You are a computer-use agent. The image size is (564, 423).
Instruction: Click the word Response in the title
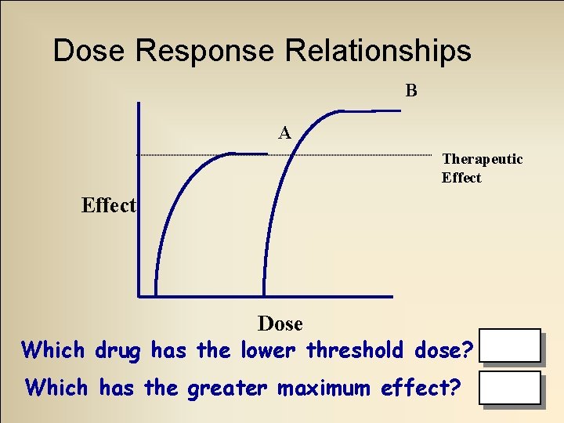(206, 51)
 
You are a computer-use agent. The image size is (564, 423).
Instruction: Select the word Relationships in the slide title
(378, 51)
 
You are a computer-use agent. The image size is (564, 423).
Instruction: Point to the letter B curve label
(411, 90)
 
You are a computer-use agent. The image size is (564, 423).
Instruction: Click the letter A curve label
(285, 133)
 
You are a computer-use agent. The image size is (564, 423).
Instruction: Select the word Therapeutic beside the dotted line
(482, 159)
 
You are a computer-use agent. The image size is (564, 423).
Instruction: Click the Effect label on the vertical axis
(108, 205)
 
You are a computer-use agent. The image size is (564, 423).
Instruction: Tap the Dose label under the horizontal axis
(280, 323)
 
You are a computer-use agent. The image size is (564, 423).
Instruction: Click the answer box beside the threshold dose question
(511, 345)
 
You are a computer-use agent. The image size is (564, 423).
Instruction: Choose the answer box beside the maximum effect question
(511, 388)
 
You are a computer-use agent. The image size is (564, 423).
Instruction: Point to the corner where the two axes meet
(139, 296)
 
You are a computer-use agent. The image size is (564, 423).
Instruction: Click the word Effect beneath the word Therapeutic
(461, 178)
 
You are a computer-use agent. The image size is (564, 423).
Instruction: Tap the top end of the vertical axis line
(139, 104)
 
